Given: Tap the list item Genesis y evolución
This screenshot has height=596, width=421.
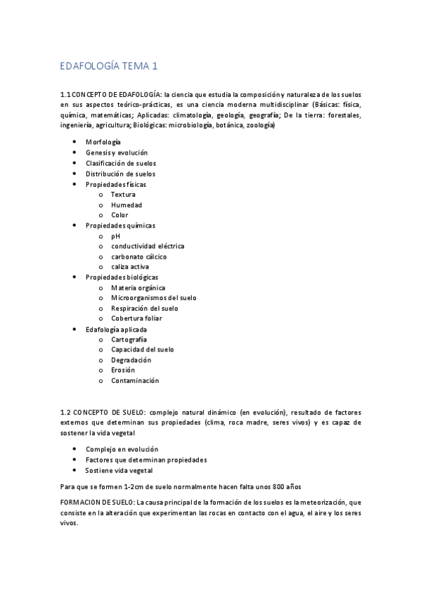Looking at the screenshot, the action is click(117, 153).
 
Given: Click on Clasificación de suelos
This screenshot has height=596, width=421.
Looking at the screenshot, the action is click(121, 163).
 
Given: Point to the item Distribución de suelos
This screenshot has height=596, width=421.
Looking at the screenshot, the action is click(120, 174).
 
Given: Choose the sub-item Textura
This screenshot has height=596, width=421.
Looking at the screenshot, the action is click(123, 194).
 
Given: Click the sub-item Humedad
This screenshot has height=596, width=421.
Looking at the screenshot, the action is click(127, 205).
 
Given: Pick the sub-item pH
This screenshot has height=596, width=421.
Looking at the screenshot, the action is click(116, 236).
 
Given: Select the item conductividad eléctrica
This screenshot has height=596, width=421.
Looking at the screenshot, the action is click(148, 246).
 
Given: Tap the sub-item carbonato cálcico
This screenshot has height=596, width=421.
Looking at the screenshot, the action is click(139, 257).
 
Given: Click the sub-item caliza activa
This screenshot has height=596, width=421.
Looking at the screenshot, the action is click(130, 266).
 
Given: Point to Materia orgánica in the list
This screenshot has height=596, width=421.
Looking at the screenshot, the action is click(138, 287).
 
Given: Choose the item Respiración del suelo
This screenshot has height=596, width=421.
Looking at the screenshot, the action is click(144, 308).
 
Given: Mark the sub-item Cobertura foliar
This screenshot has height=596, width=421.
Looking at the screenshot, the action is click(136, 318).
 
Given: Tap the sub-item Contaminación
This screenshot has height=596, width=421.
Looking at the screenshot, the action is click(135, 380).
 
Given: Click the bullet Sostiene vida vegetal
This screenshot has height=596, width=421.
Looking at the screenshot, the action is click(118, 469).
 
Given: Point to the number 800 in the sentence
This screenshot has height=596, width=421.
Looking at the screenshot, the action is click(259, 486).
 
